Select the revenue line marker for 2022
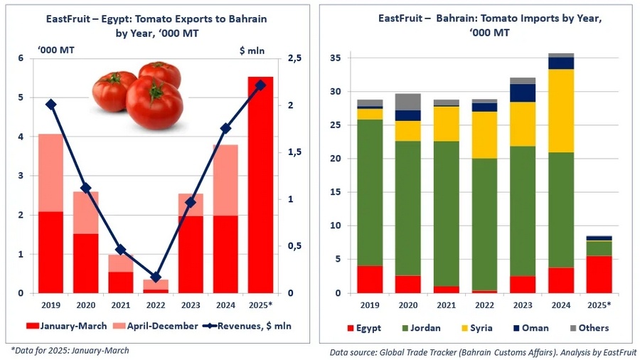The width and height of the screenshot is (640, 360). (156, 277)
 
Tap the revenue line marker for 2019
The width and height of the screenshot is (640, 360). (50, 104)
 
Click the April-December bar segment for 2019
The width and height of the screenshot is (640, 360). (50, 173)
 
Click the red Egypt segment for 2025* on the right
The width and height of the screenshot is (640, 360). (599, 274)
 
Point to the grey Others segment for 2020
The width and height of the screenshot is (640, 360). (408, 102)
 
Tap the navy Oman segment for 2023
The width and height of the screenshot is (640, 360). (522, 93)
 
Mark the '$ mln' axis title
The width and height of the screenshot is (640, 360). (252, 49)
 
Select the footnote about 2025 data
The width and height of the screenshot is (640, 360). (70, 350)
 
